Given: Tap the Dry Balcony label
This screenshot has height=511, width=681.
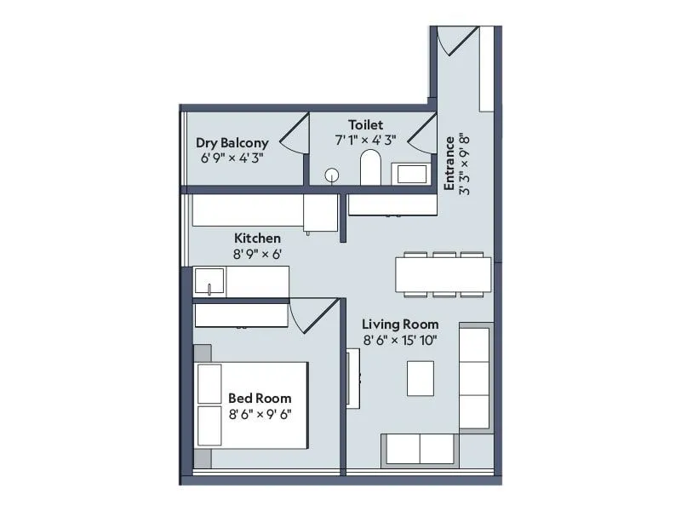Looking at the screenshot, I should click(232, 143).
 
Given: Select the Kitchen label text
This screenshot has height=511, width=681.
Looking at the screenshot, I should click(257, 238).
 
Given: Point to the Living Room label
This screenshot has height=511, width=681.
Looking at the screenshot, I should click(400, 324).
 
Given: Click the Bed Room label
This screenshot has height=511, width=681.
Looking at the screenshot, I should click(260, 398).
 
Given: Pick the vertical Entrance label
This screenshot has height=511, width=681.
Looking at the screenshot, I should click(449, 162).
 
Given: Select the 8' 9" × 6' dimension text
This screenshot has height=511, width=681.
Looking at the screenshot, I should click(257, 255).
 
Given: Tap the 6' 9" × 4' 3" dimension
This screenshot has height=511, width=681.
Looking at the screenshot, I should click(232, 158).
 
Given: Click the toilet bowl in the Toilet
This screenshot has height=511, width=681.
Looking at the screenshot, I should click(370, 168).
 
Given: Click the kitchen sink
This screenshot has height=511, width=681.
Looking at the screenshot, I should click(209, 280).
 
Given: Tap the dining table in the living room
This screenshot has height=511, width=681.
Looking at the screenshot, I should click(443, 274).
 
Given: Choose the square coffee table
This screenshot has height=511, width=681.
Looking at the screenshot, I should click(421, 378).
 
